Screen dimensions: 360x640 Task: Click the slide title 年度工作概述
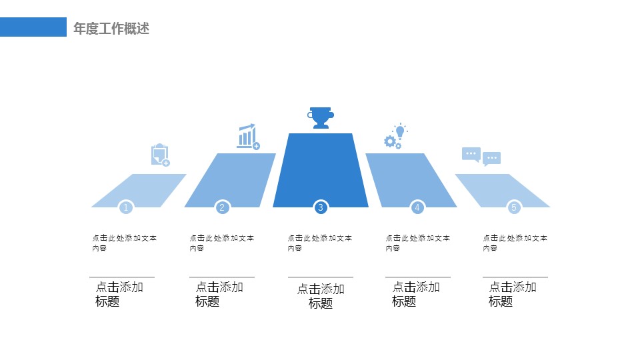[x=111, y=28]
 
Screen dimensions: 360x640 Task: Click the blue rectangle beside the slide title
[x=33, y=27]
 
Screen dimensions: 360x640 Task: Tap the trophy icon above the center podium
[x=321, y=117]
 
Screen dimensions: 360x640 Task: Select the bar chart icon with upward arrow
[x=247, y=136]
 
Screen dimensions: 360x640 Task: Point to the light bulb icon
[x=400, y=131]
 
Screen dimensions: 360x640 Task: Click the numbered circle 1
[x=126, y=207]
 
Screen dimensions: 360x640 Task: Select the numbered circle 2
[x=223, y=207]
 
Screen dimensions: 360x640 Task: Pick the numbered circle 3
[x=321, y=207]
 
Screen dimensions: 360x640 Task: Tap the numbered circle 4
[x=417, y=207]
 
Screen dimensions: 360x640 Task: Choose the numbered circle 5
[x=514, y=207]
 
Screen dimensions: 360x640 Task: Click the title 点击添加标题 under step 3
[x=321, y=296]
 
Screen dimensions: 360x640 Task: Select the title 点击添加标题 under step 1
[x=119, y=294]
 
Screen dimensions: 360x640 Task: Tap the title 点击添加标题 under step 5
[x=513, y=294]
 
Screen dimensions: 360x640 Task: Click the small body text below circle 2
[x=221, y=243]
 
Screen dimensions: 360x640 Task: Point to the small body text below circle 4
[x=417, y=243]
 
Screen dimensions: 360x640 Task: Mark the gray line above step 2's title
[x=222, y=277]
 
